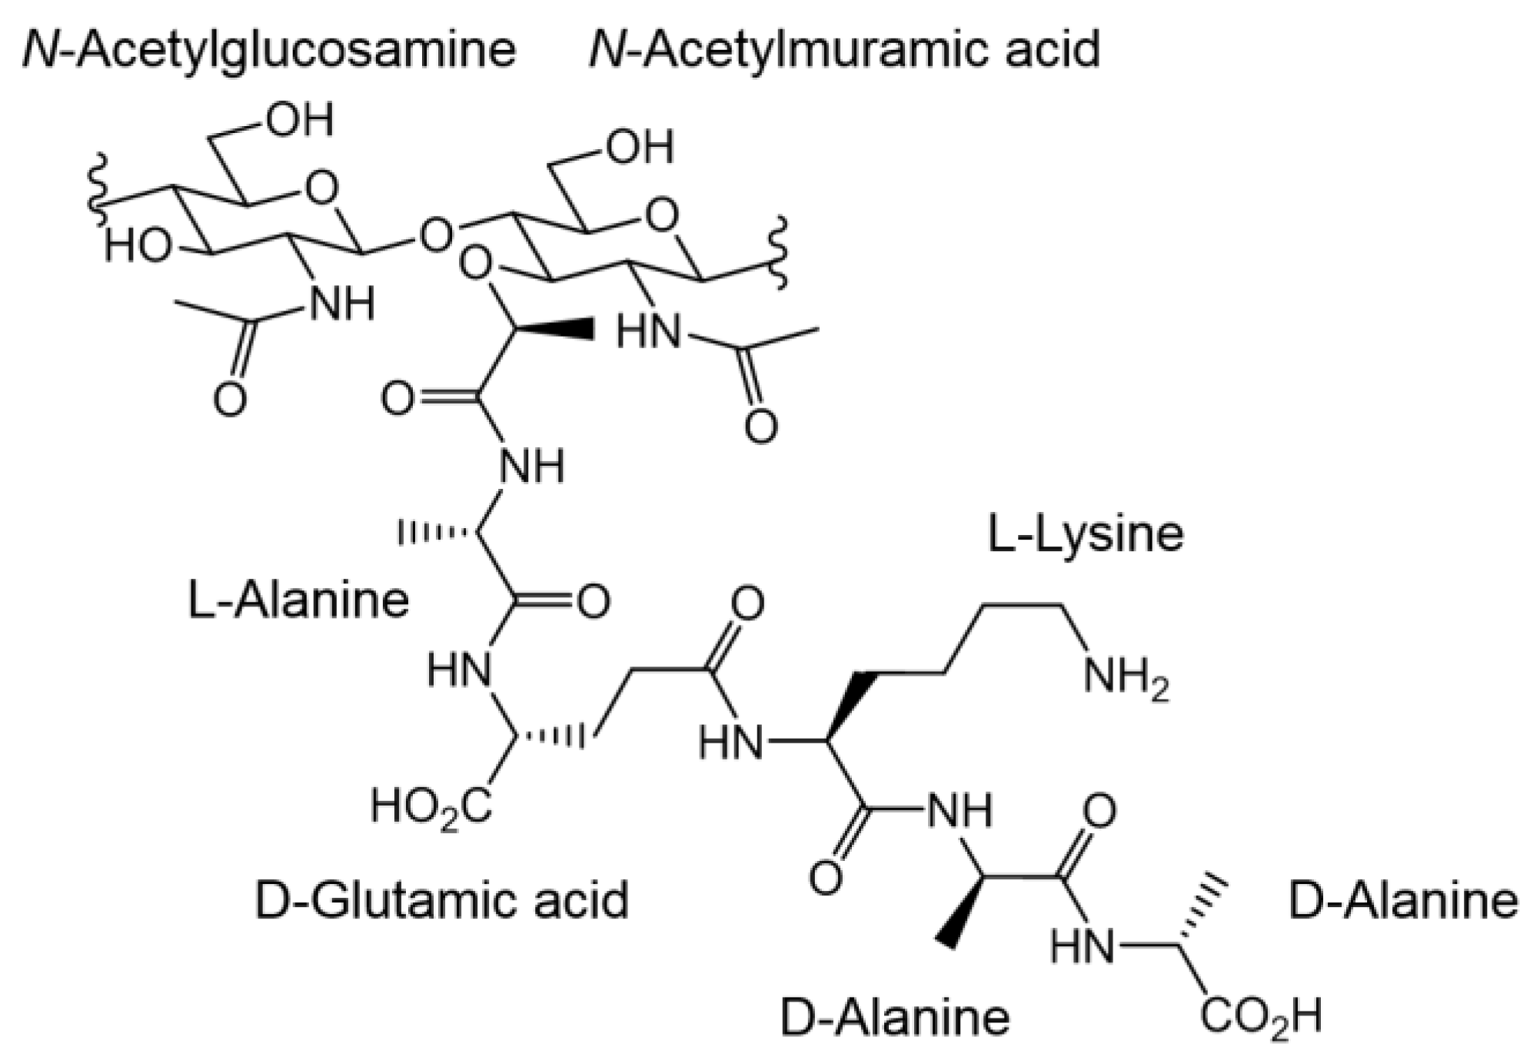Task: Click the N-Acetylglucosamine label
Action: [x=269, y=50]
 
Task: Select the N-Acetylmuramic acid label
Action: [x=844, y=50]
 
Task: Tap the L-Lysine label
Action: [x=1085, y=534]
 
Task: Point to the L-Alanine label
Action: [x=298, y=600]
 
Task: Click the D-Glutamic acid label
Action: [x=441, y=901]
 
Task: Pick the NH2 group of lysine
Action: [x=1125, y=678]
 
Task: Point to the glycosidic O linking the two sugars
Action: [x=436, y=235]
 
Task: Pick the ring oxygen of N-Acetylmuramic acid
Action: [x=662, y=215]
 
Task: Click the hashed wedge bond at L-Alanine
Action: [x=435, y=532]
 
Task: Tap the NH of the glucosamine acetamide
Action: [x=341, y=304]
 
